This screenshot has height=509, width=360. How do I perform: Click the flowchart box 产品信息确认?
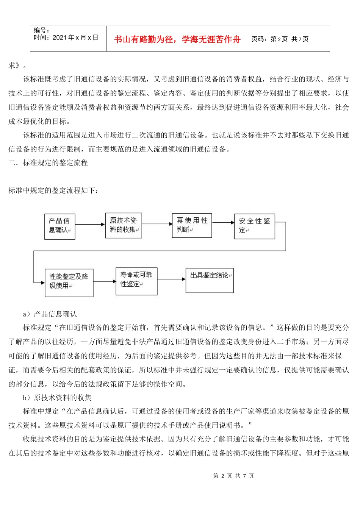[59, 226]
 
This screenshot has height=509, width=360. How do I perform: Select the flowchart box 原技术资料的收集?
[123, 225]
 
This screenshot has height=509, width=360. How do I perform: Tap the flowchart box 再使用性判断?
[192, 225]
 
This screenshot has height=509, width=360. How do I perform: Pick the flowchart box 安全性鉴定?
[254, 226]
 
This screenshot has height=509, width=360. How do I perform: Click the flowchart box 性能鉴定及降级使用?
[69, 283]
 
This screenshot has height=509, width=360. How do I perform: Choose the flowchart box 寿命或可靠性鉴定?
[136, 281]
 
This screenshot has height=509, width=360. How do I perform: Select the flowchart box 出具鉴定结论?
[209, 280]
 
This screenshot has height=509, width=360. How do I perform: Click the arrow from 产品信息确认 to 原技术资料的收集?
[90, 225]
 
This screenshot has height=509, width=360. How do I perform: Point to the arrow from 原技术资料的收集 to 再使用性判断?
[157, 224]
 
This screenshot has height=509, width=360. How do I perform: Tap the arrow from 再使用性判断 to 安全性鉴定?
[223, 223]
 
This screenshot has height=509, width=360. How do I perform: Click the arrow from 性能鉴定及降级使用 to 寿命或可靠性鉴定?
[105, 281]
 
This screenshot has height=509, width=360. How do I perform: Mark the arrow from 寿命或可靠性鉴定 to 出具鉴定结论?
[171, 279]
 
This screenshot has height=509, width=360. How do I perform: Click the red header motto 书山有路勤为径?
[177, 39]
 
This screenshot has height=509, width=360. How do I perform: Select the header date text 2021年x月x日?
[75, 37]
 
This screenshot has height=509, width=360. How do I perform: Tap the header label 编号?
[41, 30]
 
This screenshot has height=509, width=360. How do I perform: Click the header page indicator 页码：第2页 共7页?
[280, 39]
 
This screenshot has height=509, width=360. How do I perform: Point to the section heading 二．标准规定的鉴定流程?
[48, 163]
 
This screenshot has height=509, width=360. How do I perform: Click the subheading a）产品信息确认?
[50, 314]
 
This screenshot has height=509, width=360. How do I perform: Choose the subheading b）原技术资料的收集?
[57, 398]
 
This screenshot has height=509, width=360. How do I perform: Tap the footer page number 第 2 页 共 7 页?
[233, 476]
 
